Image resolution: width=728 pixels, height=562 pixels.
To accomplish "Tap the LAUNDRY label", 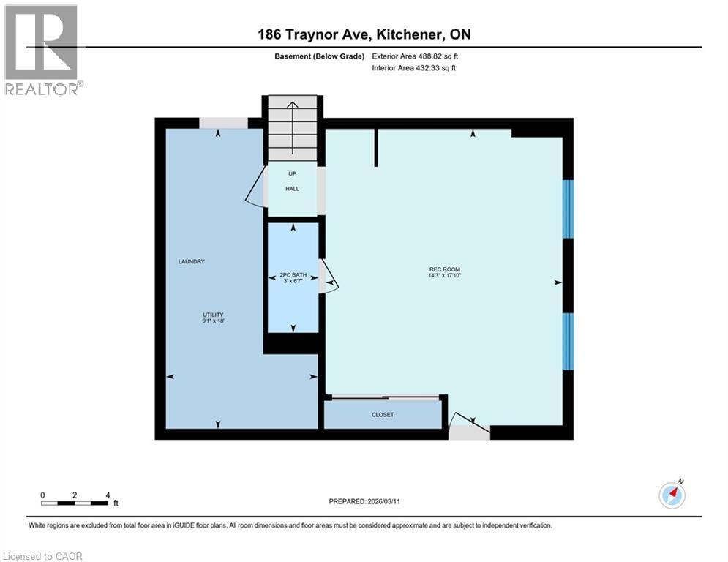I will (x=191, y=261).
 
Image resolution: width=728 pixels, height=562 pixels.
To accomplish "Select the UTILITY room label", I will (x=213, y=315).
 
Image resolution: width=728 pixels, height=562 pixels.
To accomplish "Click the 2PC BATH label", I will (x=293, y=274).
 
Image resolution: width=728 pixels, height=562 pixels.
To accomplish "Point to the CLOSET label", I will (x=383, y=415).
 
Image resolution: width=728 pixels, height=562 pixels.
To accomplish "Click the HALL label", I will (x=292, y=189).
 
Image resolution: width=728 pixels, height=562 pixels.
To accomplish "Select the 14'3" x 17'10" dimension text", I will (x=444, y=276).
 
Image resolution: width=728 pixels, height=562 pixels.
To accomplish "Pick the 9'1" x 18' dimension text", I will (x=213, y=321).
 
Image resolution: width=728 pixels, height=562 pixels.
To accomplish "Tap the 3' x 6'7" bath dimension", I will (x=293, y=280).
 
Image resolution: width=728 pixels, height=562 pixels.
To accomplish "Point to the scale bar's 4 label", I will (x=108, y=495).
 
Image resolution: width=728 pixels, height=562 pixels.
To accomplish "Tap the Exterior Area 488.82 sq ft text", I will (x=415, y=56).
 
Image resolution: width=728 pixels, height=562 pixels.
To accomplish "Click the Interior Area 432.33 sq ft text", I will (x=414, y=68).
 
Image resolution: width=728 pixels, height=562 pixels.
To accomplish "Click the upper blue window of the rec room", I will (x=567, y=209).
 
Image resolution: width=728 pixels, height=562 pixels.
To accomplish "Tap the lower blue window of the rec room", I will (x=567, y=341).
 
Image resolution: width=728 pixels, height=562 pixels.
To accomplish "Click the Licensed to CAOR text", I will (x=43, y=556).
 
